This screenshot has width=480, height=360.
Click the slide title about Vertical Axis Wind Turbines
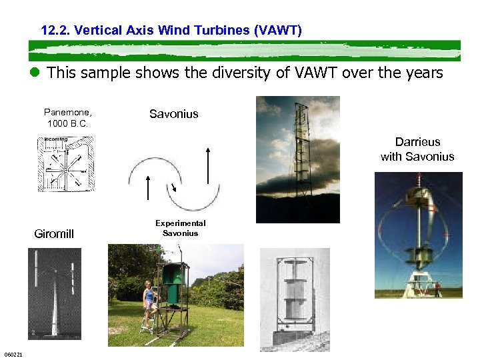click(171, 30)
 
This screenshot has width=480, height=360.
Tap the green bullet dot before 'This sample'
click(35, 73)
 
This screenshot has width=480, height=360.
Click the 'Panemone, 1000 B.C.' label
click(67, 118)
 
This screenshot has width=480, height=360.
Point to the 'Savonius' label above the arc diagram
click(173, 114)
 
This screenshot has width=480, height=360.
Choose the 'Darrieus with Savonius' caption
click(417, 149)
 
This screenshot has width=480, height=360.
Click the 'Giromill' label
click(54, 234)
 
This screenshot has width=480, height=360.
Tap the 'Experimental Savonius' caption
click(180, 228)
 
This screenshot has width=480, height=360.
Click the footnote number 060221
click(13, 354)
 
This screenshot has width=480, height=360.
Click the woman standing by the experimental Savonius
click(149, 303)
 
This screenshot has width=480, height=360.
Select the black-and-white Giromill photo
click(54, 293)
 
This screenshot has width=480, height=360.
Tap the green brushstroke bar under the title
click(244, 51)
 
